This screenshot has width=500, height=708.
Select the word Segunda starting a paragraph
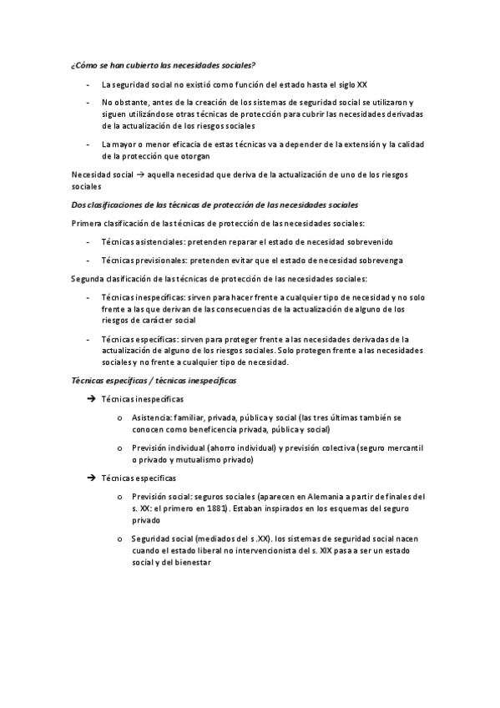pos(89,277)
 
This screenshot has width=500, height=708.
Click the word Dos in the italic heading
pos(79,205)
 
